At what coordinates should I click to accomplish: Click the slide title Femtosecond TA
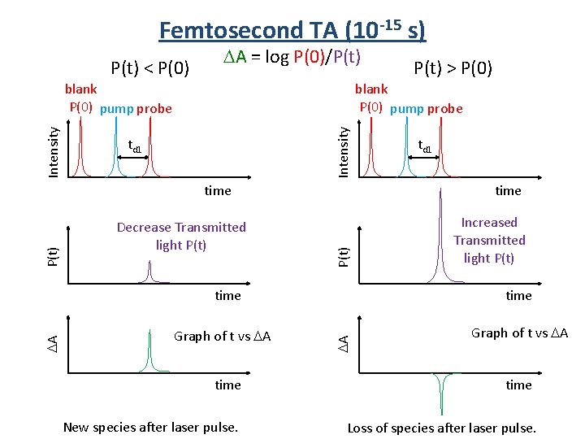tap(292, 29)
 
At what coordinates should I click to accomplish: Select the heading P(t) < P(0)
tap(150, 67)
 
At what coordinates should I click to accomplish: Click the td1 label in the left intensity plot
tap(135, 147)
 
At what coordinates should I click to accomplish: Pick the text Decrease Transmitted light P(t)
tap(181, 236)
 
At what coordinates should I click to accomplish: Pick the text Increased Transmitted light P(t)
tap(489, 240)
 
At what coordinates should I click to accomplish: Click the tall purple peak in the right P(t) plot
tap(442, 236)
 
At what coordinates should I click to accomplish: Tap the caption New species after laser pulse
tap(150, 428)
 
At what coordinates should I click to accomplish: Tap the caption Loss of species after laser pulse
tap(441, 428)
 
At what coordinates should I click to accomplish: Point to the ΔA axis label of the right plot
tap(344, 343)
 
